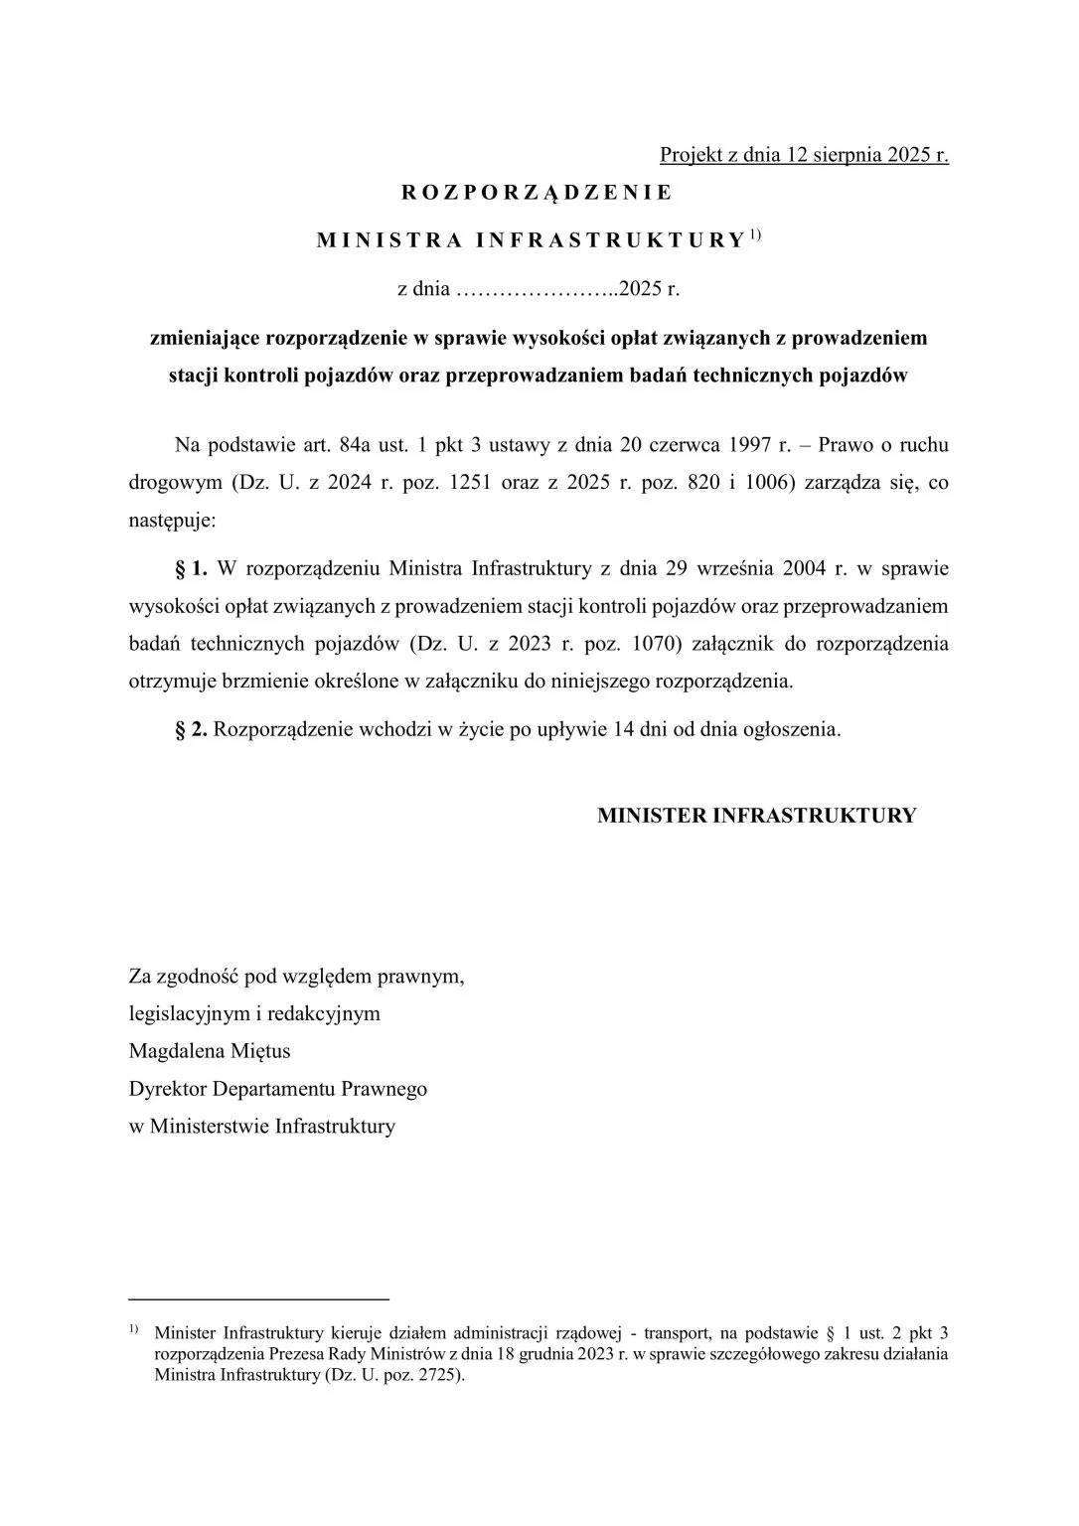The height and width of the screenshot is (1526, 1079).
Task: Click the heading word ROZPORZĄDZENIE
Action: click(x=537, y=193)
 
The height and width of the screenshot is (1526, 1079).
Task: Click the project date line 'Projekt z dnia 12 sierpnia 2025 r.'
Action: click(x=804, y=155)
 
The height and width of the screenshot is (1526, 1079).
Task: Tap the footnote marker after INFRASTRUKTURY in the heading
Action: click(x=755, y=234)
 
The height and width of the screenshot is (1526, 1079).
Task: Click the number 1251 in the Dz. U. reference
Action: click(x=471, y=482)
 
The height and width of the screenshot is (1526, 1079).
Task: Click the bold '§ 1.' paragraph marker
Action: click(x=191, y=569)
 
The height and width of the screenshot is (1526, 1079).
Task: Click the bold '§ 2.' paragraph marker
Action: click(x=191, y=729)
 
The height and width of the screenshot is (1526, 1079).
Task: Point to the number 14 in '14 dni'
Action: click(x=625, y=729)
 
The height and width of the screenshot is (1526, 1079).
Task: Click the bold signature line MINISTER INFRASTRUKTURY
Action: click(x=756, y=816)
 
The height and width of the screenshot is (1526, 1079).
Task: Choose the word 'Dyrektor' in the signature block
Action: click(x=168, y=1089)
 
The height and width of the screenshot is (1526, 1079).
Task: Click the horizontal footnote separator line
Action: click(x=258, y=1298)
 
